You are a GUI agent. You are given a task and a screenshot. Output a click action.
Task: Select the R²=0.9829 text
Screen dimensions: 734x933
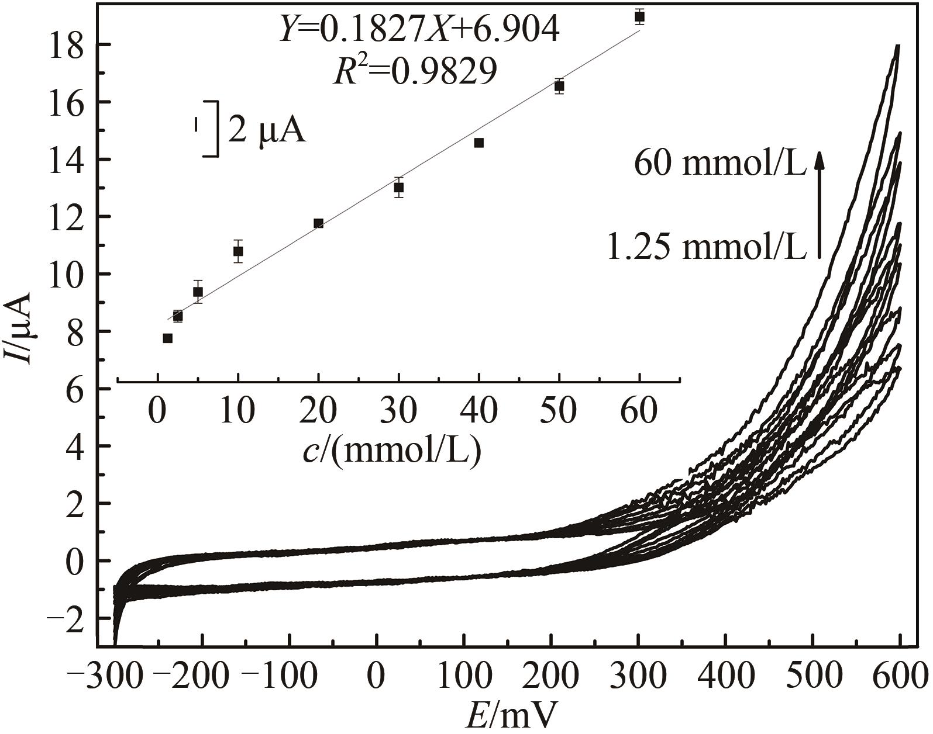point(415,72)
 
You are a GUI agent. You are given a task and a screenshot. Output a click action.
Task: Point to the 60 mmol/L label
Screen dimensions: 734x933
point(721,165)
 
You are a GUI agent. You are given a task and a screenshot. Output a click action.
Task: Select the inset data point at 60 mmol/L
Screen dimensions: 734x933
point(639,17)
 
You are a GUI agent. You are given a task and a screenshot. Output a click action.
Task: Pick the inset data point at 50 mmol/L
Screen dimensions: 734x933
point(559,86)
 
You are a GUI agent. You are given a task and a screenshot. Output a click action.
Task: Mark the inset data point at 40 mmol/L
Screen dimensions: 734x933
point(479,143)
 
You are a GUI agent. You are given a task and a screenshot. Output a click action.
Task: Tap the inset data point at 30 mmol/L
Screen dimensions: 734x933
point(399,188)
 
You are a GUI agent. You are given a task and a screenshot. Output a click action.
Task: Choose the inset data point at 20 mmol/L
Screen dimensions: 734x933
point(319,223)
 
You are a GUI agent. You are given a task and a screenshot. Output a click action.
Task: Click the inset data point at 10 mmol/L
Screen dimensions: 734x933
point(238,251)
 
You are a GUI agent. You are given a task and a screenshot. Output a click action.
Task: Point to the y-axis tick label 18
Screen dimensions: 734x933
point(65,45)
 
